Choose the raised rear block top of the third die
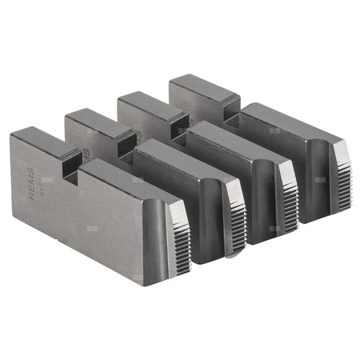click(146, 102)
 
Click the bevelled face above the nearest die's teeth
click(177, 210)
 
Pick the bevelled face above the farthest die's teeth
click(340, 150)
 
